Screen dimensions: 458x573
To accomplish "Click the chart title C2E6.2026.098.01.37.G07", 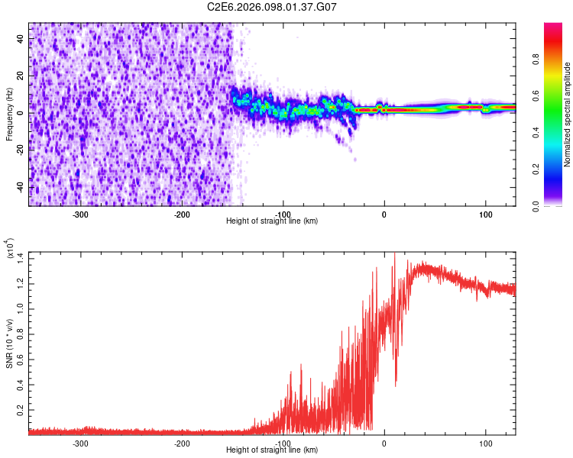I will (272, 7).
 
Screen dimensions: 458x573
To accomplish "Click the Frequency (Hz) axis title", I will (10, 114).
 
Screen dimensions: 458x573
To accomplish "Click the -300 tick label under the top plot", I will (81, 214).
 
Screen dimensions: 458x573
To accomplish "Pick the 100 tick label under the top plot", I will (485, 214).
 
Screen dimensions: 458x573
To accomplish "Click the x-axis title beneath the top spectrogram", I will (272, 221).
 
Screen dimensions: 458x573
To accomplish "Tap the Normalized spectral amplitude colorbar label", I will (568, 114).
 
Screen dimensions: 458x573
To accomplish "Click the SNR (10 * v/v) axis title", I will (10, 343).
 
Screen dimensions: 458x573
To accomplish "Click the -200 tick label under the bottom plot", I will (182, 443).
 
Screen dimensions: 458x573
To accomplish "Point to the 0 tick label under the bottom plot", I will (384, 443).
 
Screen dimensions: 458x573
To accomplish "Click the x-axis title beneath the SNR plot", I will (272, 450).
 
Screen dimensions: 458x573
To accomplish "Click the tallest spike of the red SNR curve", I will (394, 254).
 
